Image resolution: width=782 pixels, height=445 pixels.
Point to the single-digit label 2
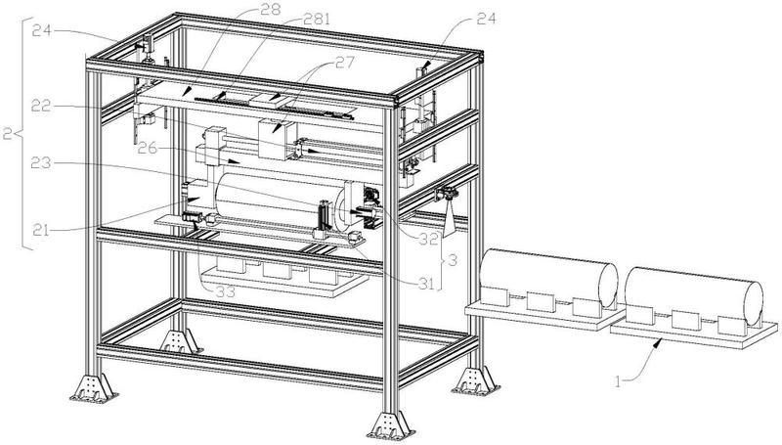click(9, 133)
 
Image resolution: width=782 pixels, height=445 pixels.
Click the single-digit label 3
click(451, 261)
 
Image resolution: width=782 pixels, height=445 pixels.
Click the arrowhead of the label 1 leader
click(663, 340)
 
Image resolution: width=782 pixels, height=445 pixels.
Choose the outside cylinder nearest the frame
click(547, 276)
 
